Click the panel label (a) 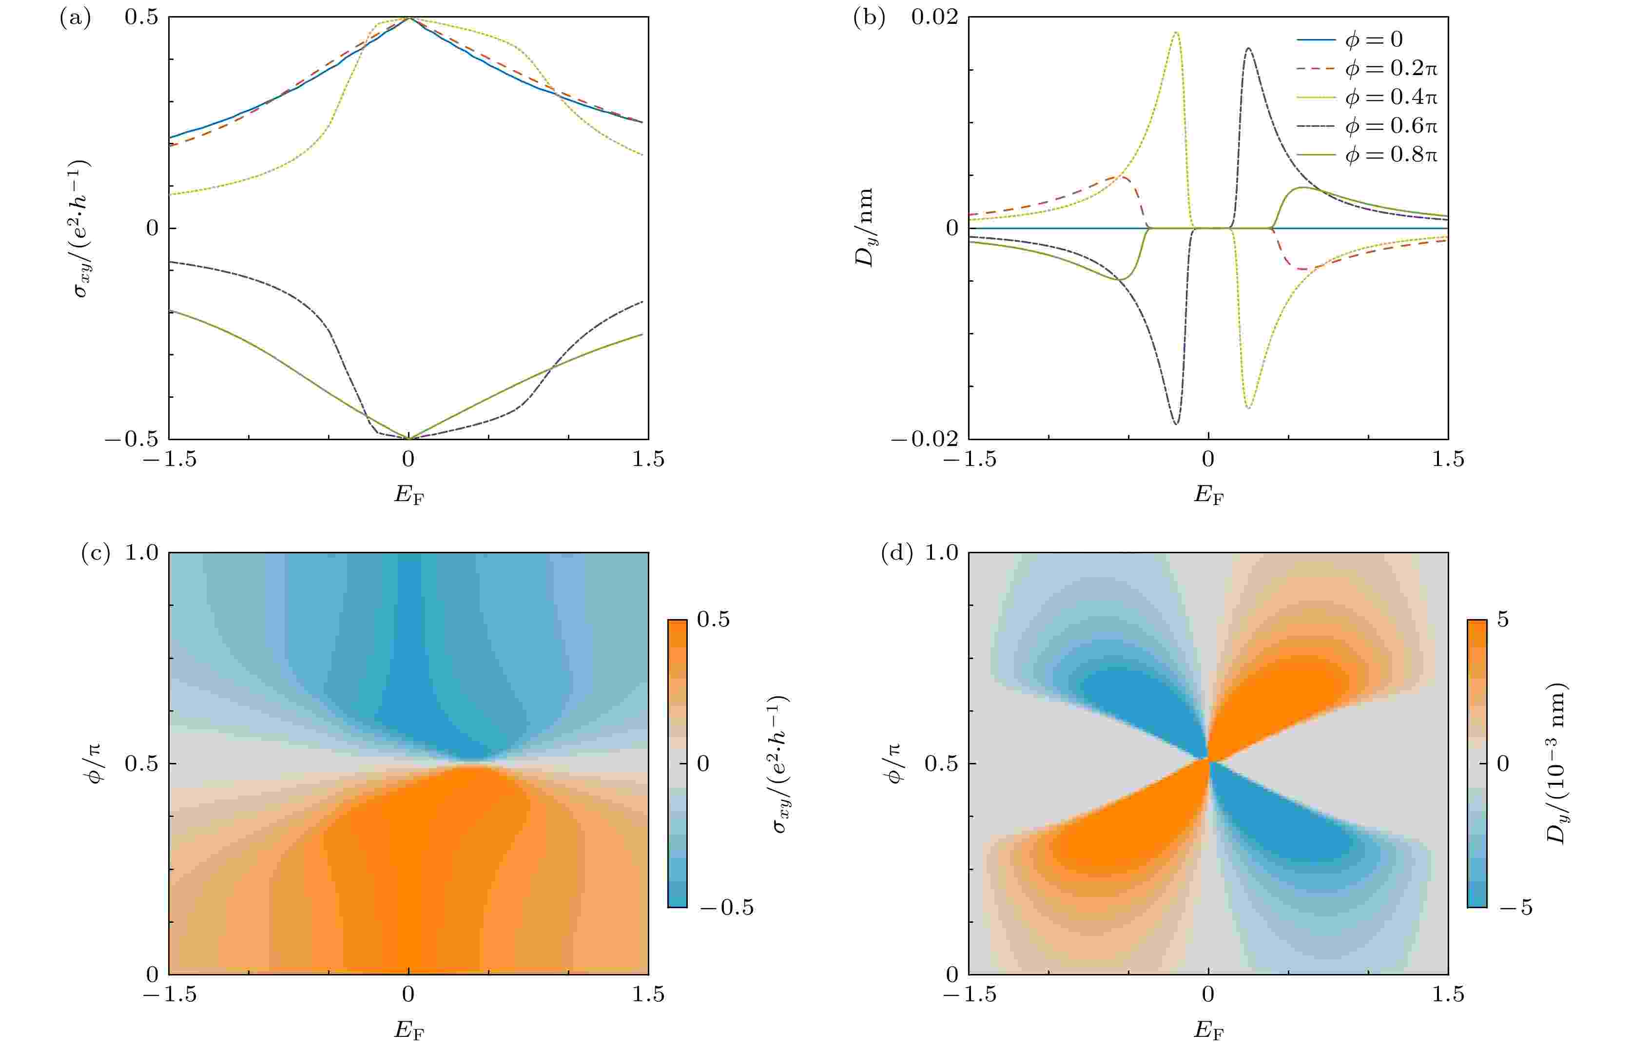pos(75,19)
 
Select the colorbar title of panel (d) pos(1556,763)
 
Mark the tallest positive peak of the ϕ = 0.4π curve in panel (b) pos(1176,32)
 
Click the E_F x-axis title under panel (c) pos(408,1031)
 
